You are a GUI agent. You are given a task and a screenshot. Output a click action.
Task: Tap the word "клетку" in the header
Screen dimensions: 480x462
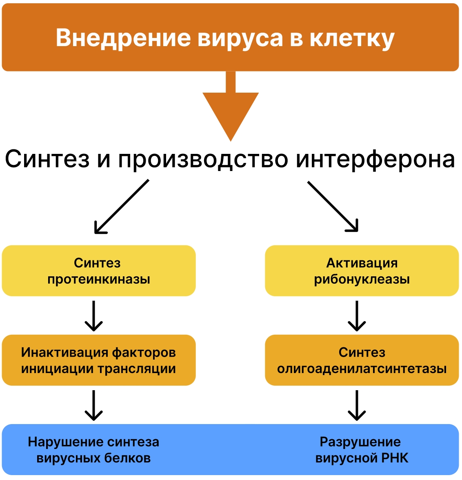(352, 38)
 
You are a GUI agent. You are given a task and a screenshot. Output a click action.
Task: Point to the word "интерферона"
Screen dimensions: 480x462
(375, 159)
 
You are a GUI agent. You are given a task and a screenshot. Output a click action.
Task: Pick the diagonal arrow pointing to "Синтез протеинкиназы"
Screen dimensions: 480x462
(121, 207)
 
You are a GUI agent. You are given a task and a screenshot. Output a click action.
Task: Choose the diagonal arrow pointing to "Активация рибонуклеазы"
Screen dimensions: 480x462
(333, 207)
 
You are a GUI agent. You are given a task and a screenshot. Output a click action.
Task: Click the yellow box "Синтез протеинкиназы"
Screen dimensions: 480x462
(99, 271)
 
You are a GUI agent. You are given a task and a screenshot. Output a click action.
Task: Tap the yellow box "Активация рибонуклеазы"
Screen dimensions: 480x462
(362, 271)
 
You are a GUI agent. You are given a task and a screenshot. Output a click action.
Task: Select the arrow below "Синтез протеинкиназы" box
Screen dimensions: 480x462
(94, 316)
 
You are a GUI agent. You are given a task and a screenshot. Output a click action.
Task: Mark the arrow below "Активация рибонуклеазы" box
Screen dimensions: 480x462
(357, 316)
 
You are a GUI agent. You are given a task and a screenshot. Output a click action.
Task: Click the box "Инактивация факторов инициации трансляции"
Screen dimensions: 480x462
(99, 360)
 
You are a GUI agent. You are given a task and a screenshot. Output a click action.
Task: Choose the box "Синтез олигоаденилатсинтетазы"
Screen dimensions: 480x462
(362, 360)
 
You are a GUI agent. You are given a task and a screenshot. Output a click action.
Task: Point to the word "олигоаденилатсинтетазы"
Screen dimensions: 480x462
(362, 369)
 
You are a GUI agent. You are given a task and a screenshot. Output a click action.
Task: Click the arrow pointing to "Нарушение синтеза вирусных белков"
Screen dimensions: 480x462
(94, 405)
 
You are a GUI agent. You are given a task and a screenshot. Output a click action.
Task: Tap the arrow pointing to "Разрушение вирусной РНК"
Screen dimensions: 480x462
(357, 405)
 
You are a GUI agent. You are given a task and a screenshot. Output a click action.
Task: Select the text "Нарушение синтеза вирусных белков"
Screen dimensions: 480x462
(93, 450)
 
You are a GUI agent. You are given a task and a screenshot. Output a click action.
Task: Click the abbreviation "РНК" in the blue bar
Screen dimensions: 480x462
(395, 458)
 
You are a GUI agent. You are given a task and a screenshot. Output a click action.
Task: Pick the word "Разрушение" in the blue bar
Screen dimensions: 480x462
(360, 442)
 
